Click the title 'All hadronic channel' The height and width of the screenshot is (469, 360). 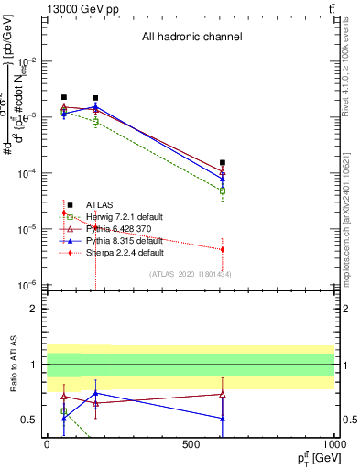(x=191, y=38)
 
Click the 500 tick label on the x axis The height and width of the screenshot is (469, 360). (x=191, y=443)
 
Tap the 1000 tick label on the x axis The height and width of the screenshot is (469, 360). (x=333, y=443)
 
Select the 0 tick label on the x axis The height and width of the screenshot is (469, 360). (x=47, y=443)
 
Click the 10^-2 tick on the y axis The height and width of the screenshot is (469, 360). (x=30, y=61)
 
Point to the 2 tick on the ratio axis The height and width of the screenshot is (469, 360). (x=34, y=309)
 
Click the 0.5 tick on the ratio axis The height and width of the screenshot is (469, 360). (x=30, y=420)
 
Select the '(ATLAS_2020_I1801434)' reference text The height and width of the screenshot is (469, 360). (x=191, y=274)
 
